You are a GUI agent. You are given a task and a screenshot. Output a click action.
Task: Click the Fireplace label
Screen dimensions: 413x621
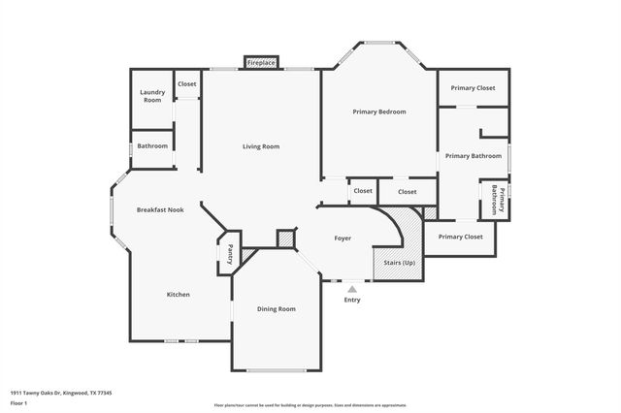point(262,63)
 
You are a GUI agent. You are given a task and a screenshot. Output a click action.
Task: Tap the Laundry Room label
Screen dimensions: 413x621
point(152,96)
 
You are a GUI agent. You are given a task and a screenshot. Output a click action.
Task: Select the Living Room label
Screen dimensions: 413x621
point(261,146)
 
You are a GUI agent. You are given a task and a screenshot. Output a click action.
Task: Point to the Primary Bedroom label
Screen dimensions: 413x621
point(378,111)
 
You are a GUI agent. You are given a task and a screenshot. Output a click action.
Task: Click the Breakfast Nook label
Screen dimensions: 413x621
point(160,209)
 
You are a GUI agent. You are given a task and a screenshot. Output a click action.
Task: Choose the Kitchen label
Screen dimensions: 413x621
point(178,294)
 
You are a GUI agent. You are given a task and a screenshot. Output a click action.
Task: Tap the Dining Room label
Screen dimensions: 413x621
point(276,308)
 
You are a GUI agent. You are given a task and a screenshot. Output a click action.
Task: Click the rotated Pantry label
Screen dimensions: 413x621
point(230,254)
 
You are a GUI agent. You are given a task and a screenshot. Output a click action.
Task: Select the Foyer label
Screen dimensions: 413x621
point(343,238)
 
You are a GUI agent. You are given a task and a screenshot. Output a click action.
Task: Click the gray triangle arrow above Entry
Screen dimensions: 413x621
point(352,288)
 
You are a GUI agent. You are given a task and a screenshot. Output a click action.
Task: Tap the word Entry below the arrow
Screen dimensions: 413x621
point(352,300)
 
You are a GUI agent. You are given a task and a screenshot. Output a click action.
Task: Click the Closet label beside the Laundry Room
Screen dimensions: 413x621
point(186,84)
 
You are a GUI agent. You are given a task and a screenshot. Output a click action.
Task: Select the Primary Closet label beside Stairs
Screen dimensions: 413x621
point(460,237)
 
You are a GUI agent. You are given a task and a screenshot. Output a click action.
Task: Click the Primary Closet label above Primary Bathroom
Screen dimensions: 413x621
point(474,88)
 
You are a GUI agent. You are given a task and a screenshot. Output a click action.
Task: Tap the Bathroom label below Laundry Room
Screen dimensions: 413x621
point(152,145)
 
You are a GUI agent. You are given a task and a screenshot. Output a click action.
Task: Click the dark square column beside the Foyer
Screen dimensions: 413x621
point(285,238)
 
